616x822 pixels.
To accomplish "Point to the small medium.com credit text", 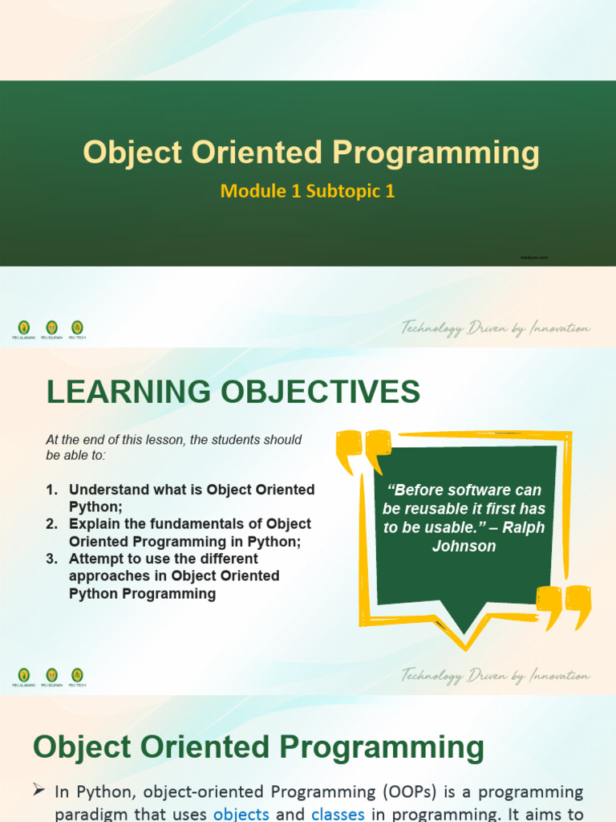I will click(x=534, y=258).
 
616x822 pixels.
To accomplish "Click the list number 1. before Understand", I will click(x=52, y=490).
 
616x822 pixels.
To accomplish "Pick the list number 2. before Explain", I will click(x=52, y=524).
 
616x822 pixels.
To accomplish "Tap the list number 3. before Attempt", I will click(x=52, y=559).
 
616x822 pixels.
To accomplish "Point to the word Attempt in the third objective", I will click(x=95, y=559).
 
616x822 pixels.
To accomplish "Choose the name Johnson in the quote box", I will click(x=464, y=547).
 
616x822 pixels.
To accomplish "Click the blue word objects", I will click(x=241, y=814).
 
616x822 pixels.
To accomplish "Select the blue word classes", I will click(x=338, y=814).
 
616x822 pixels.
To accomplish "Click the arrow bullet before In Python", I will click(x=38, y=791).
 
